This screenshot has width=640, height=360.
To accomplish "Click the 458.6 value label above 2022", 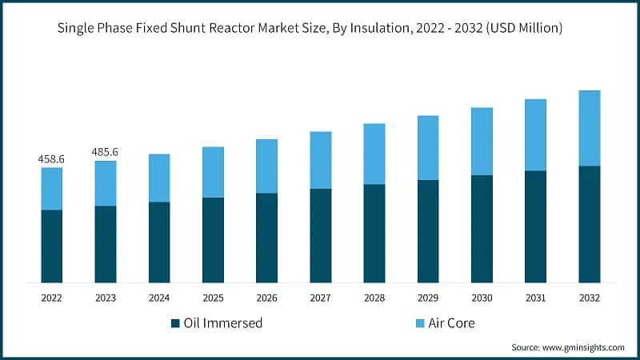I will [x=51, y=160].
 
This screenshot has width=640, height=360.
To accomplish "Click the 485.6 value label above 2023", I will [x=105, y=152].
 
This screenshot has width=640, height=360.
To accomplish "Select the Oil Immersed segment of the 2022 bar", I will [x=51, y=246].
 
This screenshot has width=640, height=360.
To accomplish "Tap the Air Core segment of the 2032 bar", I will [x=589, y=128].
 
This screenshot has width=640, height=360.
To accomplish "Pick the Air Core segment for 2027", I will [x=320, y=160].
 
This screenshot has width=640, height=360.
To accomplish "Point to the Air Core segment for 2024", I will [x=159, y=178].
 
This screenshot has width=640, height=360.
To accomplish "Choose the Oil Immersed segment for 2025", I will [x=213, y=239].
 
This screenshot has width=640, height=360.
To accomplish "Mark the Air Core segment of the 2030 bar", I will [x=482, y=141].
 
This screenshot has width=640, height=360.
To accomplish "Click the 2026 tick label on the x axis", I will [x=266, y=297].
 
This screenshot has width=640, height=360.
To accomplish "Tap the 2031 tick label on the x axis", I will [x=535, y=297].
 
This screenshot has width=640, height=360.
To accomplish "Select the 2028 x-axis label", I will [x=374, y=297].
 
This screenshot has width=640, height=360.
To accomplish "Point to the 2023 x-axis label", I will [x=105, y=297].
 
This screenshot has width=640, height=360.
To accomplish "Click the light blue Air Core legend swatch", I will [x=419, y=323].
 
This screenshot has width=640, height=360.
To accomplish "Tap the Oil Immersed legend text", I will [x=224, y=323].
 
